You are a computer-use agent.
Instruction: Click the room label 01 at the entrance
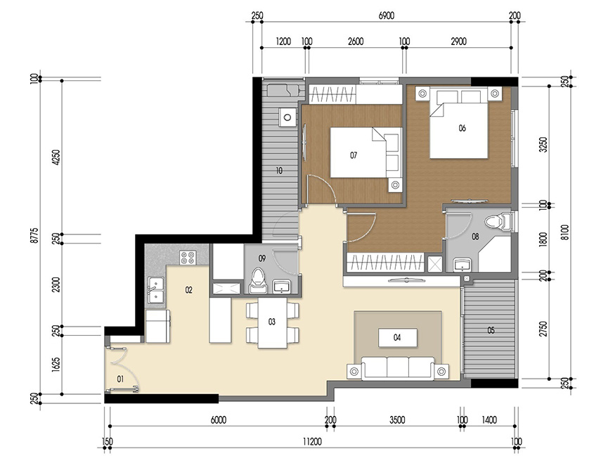point(119,380)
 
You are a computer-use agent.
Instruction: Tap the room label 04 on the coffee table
point(397,338)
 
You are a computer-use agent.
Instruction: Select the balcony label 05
point(490,329)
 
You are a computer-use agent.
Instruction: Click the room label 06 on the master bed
point(462,128)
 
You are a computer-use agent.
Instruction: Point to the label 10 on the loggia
point(279,170)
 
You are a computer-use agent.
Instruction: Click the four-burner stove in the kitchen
point(188,258)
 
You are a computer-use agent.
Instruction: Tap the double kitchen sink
point(155,290)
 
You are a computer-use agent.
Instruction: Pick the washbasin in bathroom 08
point(463,265)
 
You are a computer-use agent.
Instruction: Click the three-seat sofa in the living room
point(397,368)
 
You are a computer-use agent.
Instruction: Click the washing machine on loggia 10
point(286,116)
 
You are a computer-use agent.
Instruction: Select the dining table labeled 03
point(272,323)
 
